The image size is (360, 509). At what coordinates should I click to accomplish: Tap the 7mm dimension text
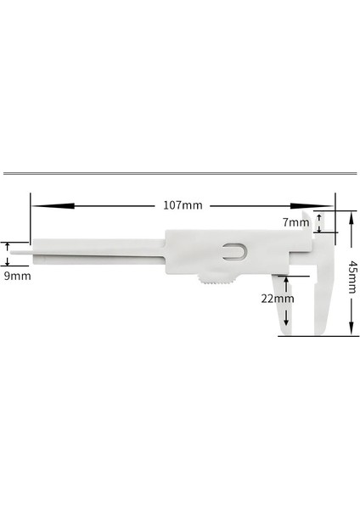[x=295, y=222]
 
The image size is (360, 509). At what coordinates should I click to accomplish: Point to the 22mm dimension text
[x=277, y=298]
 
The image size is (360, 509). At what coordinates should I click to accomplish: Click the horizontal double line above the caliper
[x=180, y=173]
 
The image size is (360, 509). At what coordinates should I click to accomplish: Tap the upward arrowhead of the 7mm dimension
[x=319, y=215]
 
